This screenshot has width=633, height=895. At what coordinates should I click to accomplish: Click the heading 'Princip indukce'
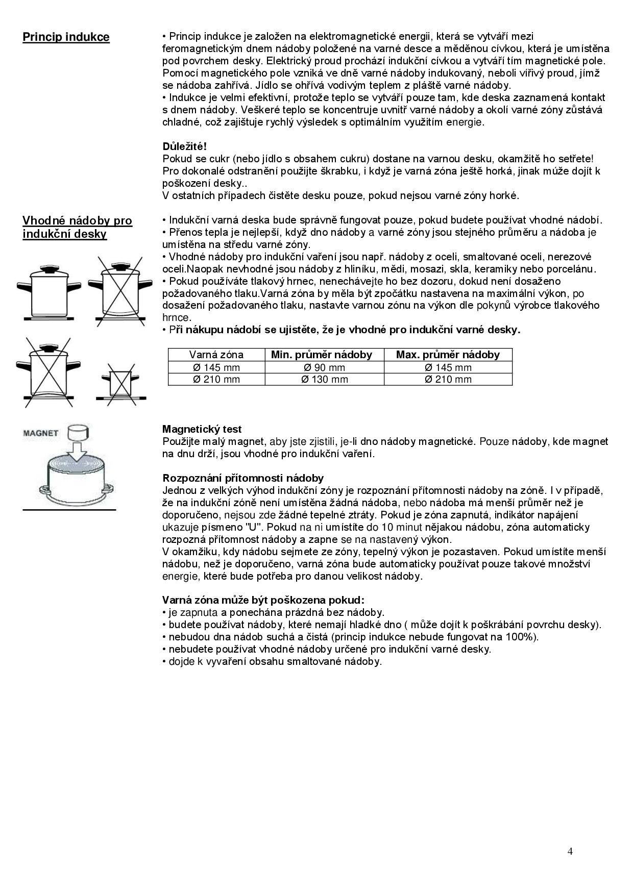click(66, 37)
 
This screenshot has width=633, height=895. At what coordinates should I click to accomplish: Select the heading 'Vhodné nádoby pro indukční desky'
click(77, 228)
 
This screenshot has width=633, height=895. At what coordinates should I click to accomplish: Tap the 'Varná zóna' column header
click(216, 355)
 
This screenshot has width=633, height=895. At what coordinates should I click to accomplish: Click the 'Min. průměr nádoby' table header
click(322, 355)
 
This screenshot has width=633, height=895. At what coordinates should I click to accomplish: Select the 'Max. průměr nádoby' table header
click(448, 355)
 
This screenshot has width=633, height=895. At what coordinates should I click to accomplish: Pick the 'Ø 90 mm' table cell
click(324, 367)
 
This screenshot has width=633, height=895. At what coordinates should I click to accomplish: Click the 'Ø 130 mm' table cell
click(324, 379)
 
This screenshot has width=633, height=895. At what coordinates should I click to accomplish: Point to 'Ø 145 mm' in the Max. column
click(448, 367)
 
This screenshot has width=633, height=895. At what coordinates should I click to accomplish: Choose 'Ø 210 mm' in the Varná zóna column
click(216, 379)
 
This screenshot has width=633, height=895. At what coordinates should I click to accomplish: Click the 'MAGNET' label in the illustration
click(40, 433)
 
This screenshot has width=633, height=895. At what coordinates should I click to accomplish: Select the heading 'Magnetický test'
click(202, 429)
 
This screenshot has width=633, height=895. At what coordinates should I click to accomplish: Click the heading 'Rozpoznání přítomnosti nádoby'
click(243, 478)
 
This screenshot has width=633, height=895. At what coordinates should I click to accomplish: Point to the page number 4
click(570, 851)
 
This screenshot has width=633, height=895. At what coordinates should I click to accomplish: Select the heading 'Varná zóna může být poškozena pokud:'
click(263, 600)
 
